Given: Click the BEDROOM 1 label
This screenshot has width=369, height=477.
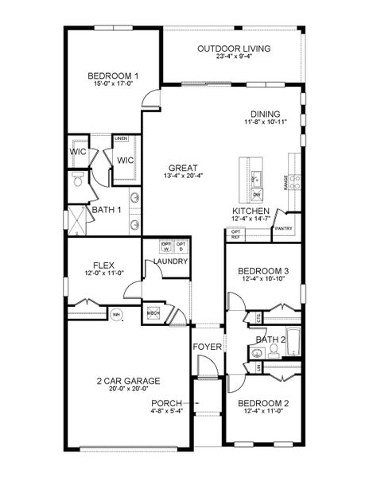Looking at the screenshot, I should pos(107,76).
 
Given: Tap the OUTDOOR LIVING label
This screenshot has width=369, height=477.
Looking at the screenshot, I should pos(233,48).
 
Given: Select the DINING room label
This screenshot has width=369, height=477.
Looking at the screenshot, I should pos(266,113).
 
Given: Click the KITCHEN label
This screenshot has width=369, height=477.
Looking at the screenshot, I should pos(251,211).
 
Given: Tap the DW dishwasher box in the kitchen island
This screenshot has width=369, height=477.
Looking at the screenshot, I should pos(256,194).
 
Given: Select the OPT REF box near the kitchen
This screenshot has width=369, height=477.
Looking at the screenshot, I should pos(235,235).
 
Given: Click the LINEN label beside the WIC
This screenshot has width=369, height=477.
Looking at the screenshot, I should pos(121,138).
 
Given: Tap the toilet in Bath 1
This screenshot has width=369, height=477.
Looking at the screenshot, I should pos(78,180).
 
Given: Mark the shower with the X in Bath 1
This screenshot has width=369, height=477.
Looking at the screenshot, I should pos(78,218).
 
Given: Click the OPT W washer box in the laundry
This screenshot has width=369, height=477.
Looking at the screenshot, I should pos(167,246).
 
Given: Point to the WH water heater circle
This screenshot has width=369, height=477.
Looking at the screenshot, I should pos(116,314).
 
